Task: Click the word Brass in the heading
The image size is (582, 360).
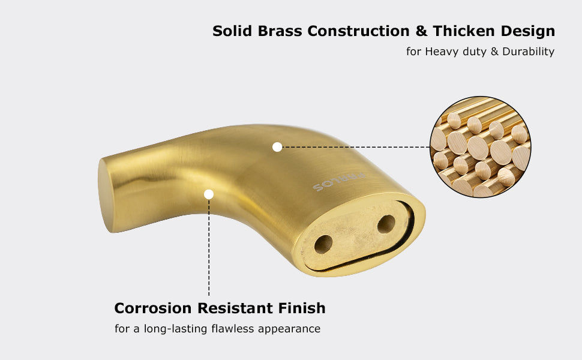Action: coord(280,31)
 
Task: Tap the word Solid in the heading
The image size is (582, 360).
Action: coord(232,31)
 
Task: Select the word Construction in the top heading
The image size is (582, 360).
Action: coord(359,31)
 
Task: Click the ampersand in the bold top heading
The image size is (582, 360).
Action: coord(421,31)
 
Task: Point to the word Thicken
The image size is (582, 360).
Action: coord(464,31)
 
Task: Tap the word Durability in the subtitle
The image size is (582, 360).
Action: coord(529,51)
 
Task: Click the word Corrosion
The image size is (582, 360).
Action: coord(153,308)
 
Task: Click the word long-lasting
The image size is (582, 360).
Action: coord(176,329)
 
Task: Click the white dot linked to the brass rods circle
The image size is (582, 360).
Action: coord(277,147)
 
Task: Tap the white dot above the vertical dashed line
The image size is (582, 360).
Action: coord(209,194)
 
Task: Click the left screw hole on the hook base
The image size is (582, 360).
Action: coord(323,244)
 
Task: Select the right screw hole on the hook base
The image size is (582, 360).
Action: coord(386,224)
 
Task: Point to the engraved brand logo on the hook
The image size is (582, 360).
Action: coord(339,182)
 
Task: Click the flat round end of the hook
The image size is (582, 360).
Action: coord(105,195)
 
